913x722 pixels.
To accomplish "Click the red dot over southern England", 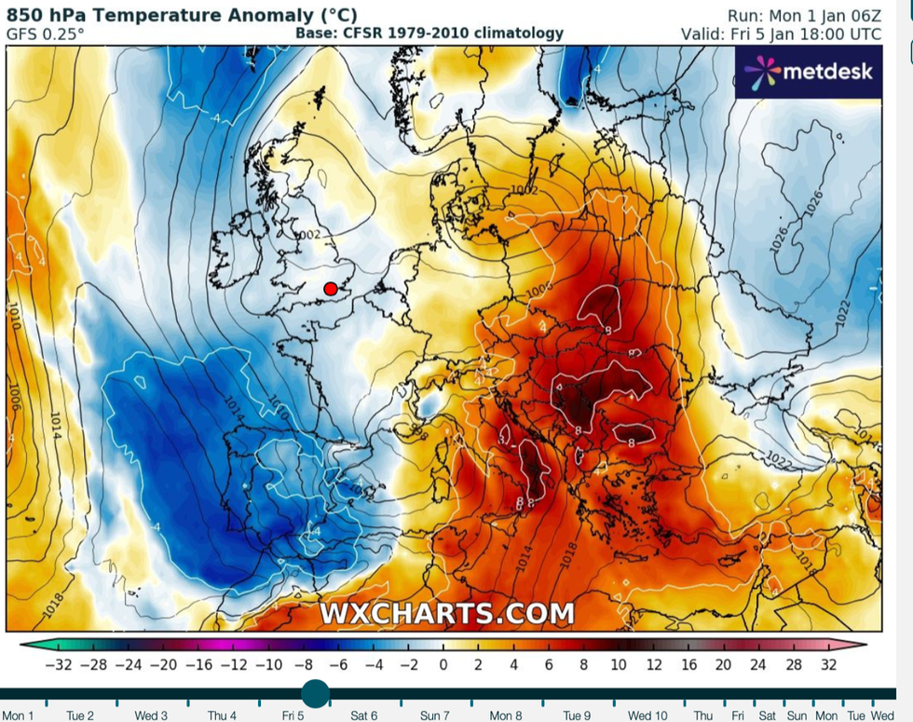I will [x=330, y=289].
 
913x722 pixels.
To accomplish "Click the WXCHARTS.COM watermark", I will [x=447, y=614].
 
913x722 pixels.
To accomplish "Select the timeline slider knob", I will [x=316, y=693].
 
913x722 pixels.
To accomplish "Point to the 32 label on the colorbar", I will [x=828, y=664].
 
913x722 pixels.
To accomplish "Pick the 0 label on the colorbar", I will [x=443, y=664].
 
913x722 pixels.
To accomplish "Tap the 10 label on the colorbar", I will [x=617, y=664].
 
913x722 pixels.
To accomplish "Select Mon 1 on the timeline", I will [x=19, y=715].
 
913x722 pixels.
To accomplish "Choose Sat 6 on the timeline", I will [x=362, y=715].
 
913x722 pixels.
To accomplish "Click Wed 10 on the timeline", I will [x=647, y=715].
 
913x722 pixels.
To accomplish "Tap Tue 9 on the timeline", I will [x=576, y=715].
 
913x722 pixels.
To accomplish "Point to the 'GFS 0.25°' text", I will [x=45, y=34].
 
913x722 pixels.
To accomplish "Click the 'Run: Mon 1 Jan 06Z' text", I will [x=806, y=15].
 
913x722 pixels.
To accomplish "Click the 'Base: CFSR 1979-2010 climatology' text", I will [x=429, y=34].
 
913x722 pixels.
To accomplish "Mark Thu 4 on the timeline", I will [x=222, y=715].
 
